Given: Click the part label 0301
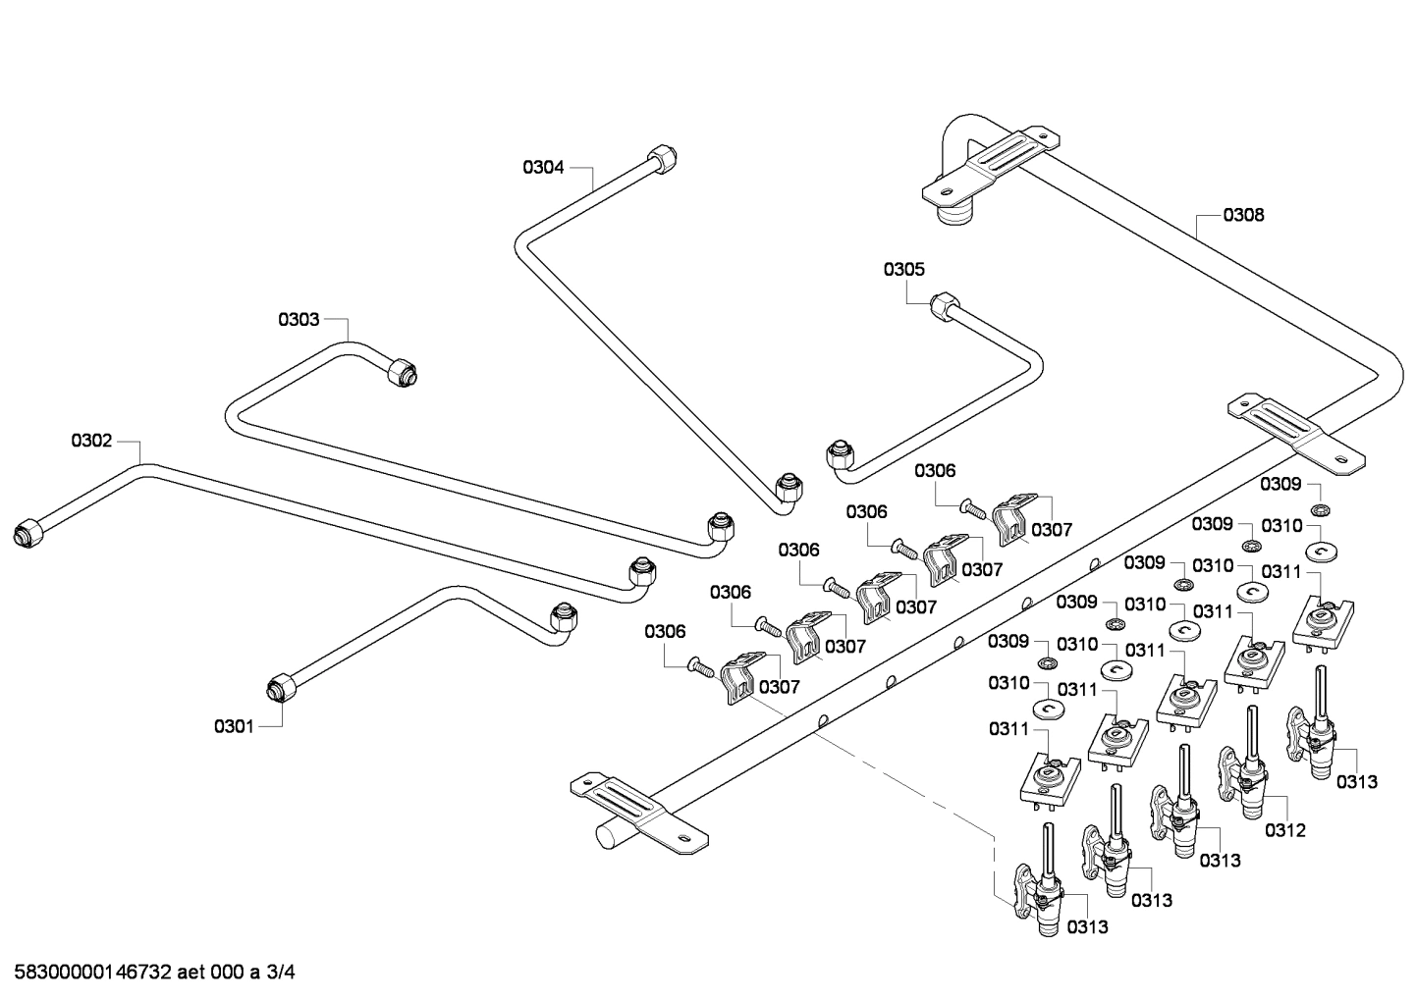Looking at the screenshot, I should point(234,726).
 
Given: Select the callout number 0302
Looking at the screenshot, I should point(91,441).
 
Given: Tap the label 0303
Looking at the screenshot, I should point(299,319).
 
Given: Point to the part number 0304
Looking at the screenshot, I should point(543,167).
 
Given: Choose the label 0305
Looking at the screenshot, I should point(903,269).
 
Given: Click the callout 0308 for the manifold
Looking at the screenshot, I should point(1243,214).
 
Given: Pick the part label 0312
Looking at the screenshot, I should point(1284,830).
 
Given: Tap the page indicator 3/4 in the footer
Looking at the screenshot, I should point(281,973).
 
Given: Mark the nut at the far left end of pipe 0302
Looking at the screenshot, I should point(28,532).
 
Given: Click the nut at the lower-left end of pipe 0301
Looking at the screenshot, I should point(279,687).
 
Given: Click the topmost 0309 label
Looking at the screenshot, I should point(1280,484).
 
